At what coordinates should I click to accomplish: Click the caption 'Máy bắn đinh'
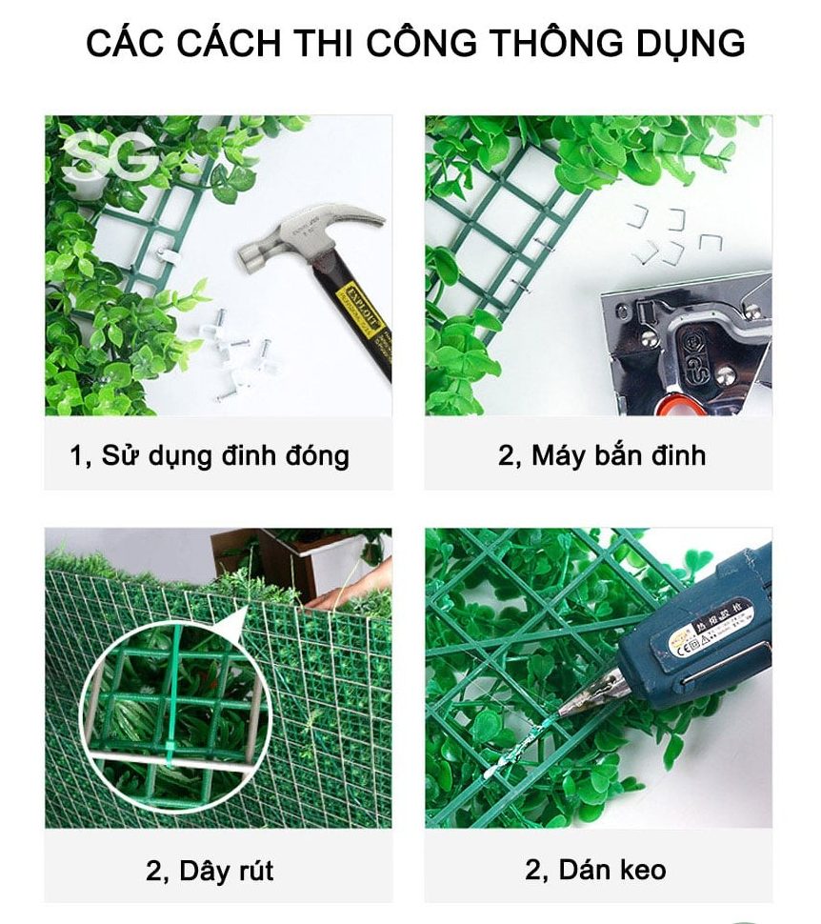[x=602, y=455]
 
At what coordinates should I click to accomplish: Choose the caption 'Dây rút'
[x=210, y=870]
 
